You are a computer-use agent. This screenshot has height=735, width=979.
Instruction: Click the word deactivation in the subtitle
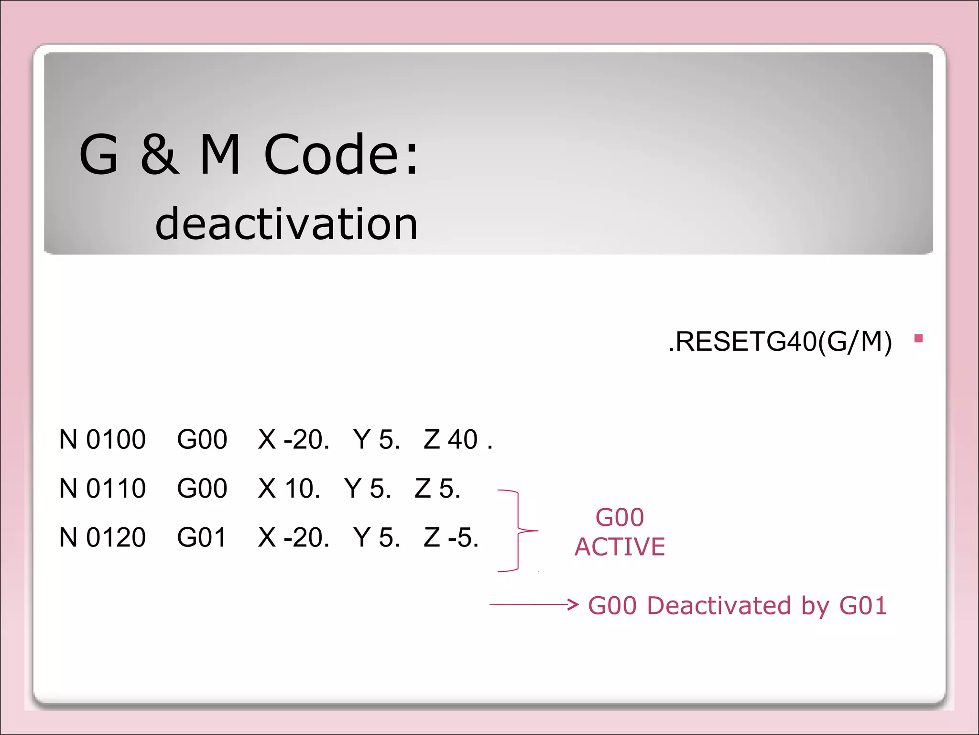click(x=287, y=224)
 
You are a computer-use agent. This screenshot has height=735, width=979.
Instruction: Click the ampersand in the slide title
click(x=160, y=154)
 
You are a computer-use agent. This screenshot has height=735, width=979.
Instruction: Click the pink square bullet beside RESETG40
click(x=918, y=339)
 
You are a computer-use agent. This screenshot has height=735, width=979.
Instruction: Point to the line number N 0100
click(x=102, y=439)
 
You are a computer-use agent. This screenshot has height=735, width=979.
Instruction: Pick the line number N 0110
click(x=102, y=489)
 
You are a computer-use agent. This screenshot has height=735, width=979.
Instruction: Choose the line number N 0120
click(x=102, y=537)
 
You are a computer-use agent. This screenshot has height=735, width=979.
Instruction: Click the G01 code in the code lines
click(x=201, y=537)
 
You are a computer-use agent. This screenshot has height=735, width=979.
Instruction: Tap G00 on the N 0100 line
click(x=202, y=439)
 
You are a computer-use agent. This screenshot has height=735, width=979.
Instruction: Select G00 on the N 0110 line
click(x=202, y=489)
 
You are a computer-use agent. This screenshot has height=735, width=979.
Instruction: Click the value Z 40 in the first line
click(x=451, y=439)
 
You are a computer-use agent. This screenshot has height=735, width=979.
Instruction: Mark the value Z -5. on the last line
click(x=451, y=537)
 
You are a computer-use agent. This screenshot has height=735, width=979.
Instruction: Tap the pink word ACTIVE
click(x=620, y=547)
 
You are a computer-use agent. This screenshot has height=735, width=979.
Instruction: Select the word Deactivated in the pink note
click(x=719, y=606)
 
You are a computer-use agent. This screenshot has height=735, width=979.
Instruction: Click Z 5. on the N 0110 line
click(x=437, y=489)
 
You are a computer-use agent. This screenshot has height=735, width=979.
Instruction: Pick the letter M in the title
click(x=220, y=154)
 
